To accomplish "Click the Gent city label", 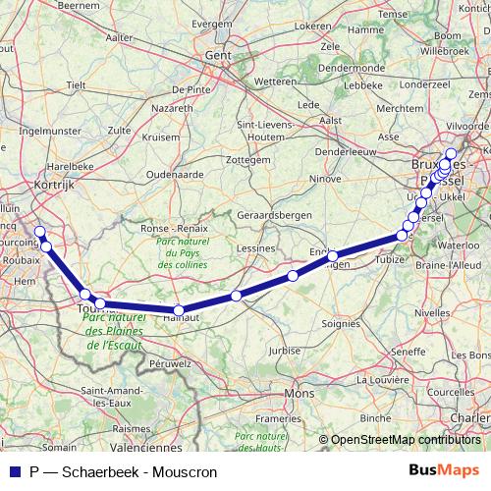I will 217,56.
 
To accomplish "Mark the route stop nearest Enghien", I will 334,257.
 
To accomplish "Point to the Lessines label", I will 256,248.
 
